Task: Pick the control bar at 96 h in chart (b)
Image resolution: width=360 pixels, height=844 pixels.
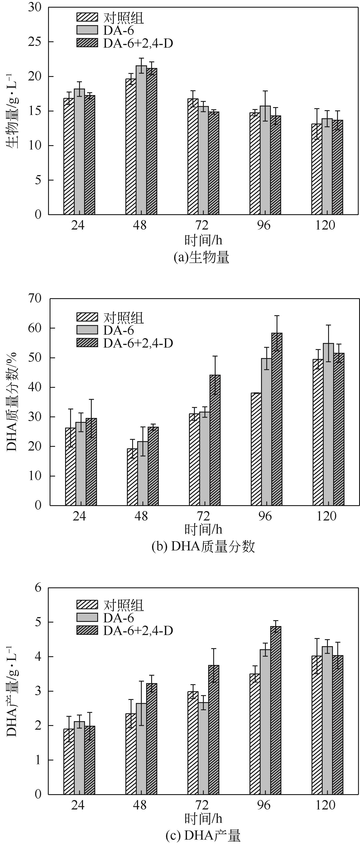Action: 256,449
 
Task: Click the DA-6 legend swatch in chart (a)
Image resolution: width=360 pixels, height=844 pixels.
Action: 87,30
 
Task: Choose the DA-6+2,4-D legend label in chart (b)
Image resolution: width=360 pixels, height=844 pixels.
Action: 138,343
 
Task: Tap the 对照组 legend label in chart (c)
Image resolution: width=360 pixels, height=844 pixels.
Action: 123,604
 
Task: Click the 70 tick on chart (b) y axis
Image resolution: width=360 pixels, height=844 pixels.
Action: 35,298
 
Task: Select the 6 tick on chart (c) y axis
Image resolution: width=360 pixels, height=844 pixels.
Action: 38,588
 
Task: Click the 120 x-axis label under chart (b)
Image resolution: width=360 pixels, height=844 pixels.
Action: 327,516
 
